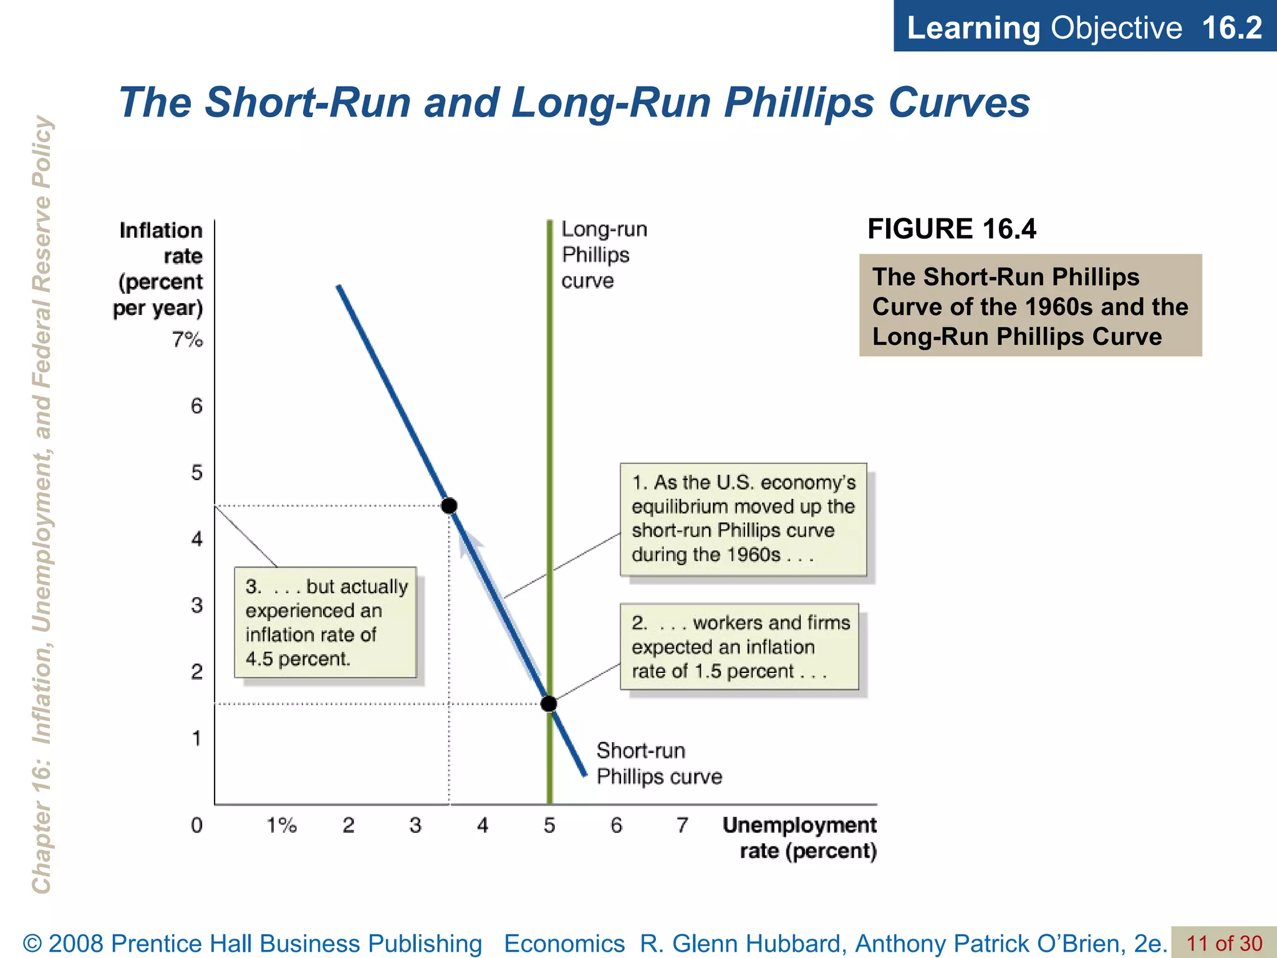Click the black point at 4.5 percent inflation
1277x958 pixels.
pos(449,505)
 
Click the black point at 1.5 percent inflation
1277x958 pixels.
pos(549,704)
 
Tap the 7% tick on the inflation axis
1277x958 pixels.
pos(188,340)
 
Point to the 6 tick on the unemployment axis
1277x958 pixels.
pos(616,825)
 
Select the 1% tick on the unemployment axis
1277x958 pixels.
pos(282,825)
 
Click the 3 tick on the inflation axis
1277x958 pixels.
pos(196,605)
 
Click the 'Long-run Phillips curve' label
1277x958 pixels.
pos(604,254)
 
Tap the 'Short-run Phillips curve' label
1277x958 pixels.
pos(658,763)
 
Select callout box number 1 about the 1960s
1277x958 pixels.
pos(743,519)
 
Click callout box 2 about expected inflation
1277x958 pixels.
pos(740,647)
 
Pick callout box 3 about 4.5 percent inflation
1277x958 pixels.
pos(325,622)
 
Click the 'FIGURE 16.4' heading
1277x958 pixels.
pos(952,229)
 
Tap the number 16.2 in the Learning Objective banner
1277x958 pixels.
pos(1231,28)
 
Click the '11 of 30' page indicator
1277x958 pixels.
pos(1224,944)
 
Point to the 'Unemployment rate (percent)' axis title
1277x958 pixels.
pos(801,838)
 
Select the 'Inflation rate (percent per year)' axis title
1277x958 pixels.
pos(160,269)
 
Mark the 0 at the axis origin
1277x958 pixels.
pos(196,825)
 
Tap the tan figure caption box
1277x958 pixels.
pos(1030,306)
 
